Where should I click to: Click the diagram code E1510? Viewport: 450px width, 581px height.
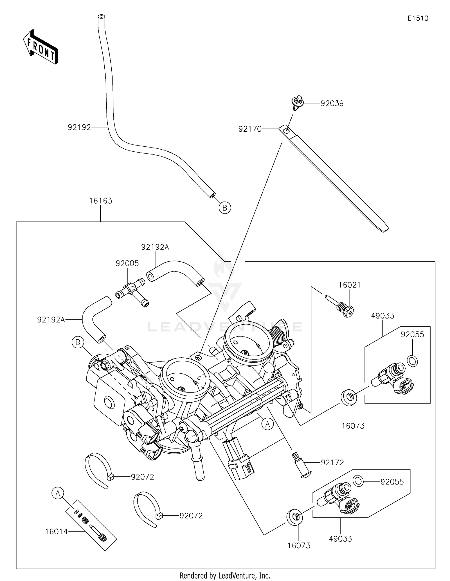418,18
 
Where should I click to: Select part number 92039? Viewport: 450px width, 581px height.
332,103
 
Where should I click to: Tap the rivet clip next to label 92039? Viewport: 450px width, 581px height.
297,103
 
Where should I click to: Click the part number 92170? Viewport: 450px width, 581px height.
250,129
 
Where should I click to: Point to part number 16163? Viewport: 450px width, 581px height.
100,201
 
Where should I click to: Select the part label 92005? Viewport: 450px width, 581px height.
127,264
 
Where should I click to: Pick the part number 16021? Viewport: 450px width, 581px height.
349,285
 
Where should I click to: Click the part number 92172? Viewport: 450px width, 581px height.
332,463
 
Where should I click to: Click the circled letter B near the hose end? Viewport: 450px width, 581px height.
225,207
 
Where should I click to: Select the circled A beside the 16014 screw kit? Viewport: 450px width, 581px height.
58,493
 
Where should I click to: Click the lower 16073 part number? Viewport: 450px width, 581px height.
299,546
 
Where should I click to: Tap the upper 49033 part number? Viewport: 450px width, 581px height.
382,316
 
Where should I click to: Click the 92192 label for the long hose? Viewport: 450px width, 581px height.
79,127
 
